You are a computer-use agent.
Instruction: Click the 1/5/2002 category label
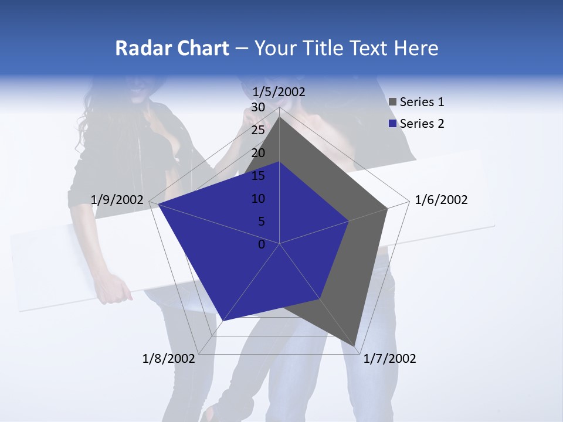[279, 92]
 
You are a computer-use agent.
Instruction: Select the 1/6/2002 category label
[441, 200]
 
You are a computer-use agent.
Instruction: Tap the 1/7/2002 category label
[390, 359]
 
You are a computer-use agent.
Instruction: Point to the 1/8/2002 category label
[168, 359]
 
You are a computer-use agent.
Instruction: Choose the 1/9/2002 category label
[117, 200]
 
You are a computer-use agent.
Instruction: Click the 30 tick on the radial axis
[258, 107]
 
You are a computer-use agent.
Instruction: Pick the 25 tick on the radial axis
[258, 130]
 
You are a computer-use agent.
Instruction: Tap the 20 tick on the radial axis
[258, 153]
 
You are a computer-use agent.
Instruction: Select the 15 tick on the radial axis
[258, 176]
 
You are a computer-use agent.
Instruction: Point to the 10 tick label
[258, 199]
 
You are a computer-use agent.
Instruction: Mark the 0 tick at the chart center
[262, 244]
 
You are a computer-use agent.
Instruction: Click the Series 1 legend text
[422, 102]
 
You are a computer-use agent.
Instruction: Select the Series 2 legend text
[422, 124]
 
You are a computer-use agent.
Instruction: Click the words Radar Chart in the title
[172, 48]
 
